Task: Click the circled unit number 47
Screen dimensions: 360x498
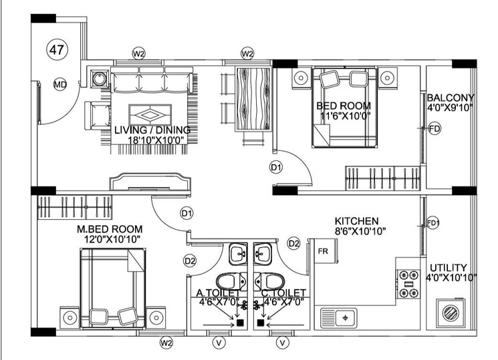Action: coord(57,49)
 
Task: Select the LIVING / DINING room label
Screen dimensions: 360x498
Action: coord(152,130)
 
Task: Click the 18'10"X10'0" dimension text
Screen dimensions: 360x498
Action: coord(152,140)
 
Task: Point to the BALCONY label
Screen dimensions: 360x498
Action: coord(451,96)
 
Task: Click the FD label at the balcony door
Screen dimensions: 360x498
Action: coord(434,128)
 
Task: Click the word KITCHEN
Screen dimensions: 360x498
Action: coord(357,221)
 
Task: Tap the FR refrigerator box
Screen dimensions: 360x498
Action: coord(323,252)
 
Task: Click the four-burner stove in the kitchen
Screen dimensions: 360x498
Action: coord(408,283)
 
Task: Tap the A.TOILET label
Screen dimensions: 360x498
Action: coord(218,293)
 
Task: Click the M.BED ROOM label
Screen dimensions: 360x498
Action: coord(108,229)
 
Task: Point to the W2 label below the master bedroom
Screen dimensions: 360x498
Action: coord(166,343)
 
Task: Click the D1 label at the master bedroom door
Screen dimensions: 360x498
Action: coord(186,214)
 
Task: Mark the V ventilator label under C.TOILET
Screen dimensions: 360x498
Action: coord(283,343)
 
